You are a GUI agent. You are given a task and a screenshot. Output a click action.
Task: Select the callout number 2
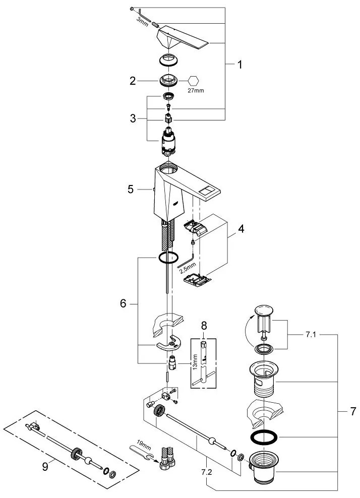tap(133, 80)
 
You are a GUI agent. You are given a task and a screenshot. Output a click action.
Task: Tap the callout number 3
tap(133, 119)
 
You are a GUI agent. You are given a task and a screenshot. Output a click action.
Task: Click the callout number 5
tap(131, 190)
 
